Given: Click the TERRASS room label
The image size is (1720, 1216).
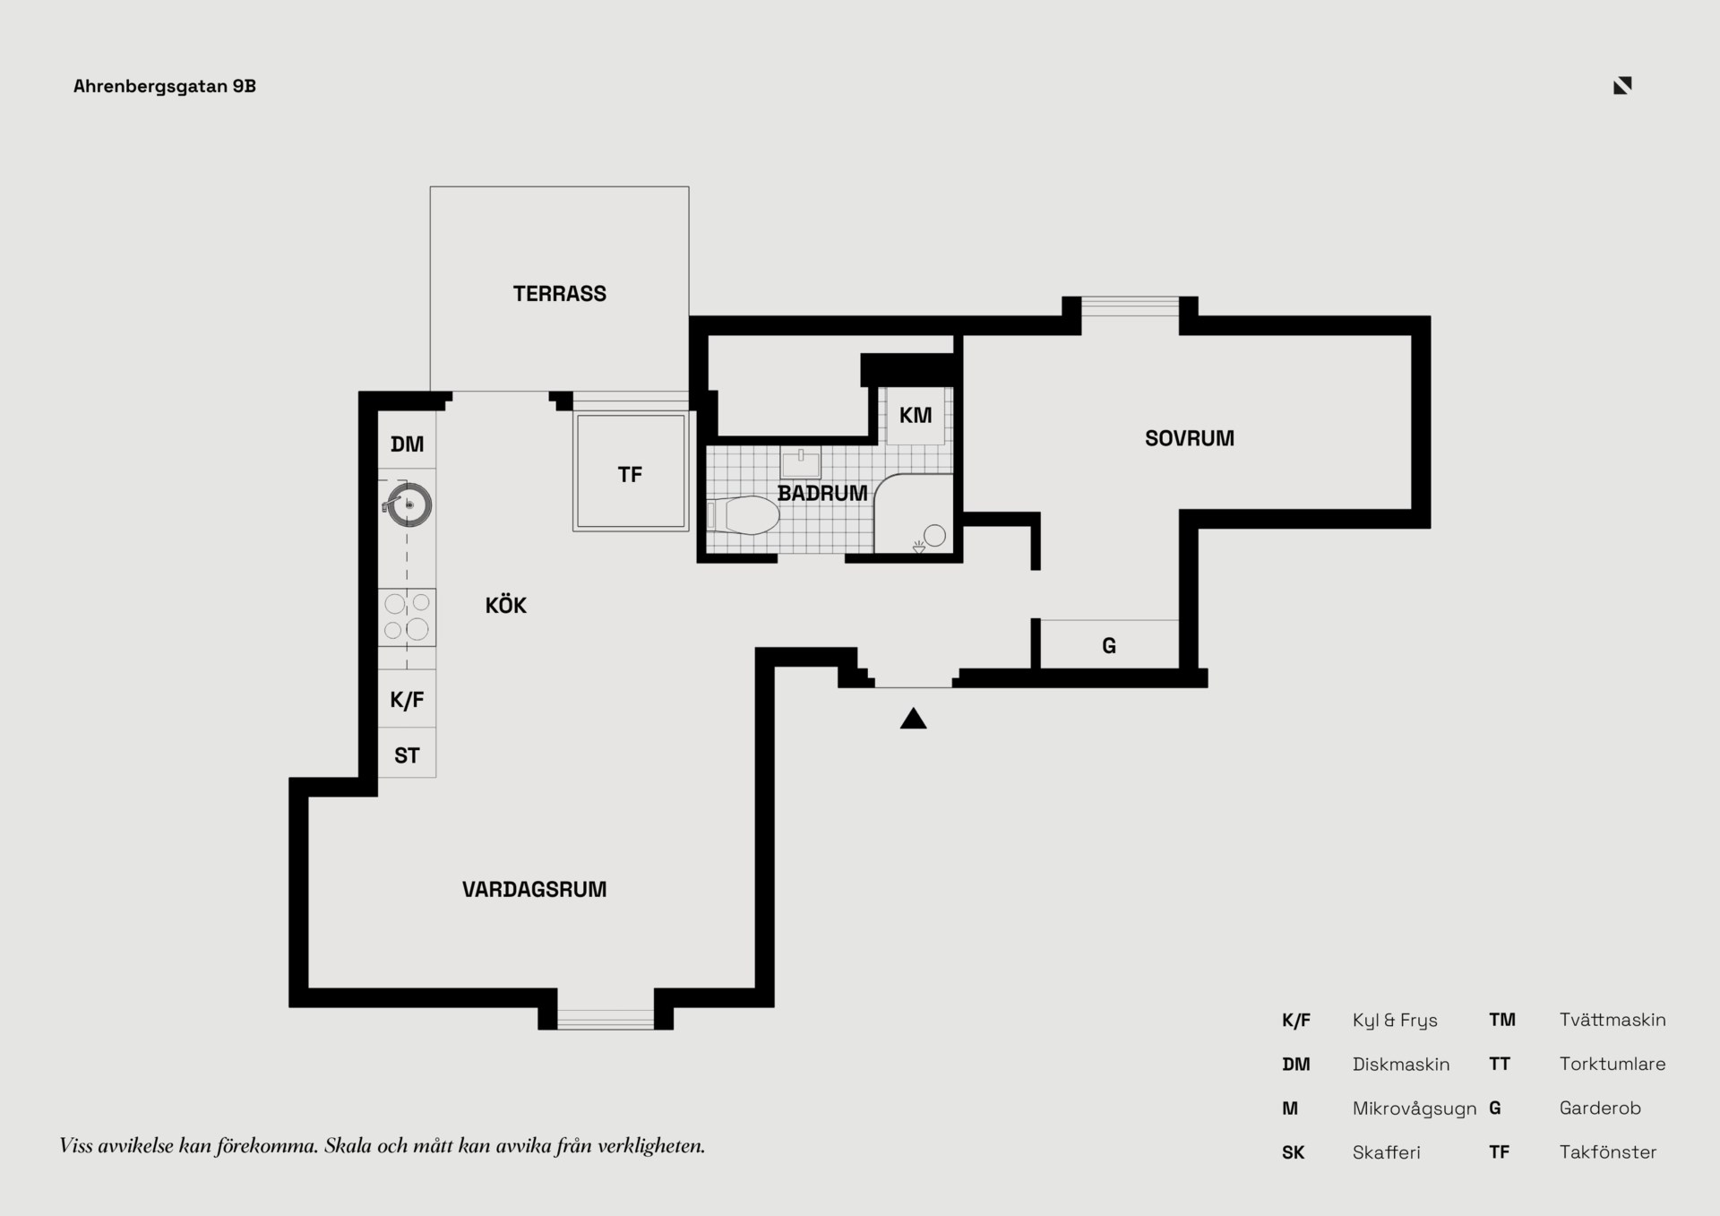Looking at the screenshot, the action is (x=559, y=294).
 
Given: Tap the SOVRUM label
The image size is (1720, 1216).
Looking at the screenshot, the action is (x=1189, y=438).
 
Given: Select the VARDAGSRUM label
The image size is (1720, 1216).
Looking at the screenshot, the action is (x=534, y=889).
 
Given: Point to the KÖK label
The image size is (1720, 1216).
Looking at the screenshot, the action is (x=505, y=605).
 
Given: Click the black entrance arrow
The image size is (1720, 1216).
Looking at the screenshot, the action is (x=913, y=719).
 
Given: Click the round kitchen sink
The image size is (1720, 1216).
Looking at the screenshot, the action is (x=408, y=505).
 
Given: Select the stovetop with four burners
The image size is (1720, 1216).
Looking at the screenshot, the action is (x=407, y=617).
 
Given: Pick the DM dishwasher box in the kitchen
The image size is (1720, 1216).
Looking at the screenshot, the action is (x=407, y=440).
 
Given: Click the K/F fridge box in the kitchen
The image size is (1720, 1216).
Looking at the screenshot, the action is (x=407, y=699).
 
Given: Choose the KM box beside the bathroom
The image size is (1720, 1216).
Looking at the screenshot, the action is (x=915, y=416).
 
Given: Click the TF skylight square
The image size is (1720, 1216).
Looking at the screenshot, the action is (x=631, y=471).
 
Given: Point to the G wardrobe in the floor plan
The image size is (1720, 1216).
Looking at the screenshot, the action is (x=1109, y=644).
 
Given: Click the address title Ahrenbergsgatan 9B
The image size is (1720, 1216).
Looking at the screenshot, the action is (x=165, y=86).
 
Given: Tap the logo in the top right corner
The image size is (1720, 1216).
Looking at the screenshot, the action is (x=1622, y=85).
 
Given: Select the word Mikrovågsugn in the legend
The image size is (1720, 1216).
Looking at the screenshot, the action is (x=1414, y=1109).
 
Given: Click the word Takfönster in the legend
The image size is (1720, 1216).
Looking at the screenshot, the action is (x=1608, y=1152).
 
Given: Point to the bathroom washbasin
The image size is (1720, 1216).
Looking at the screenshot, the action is (x=800, y=462).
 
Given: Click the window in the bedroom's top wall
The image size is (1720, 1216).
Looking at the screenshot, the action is (x=1130, y=306).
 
